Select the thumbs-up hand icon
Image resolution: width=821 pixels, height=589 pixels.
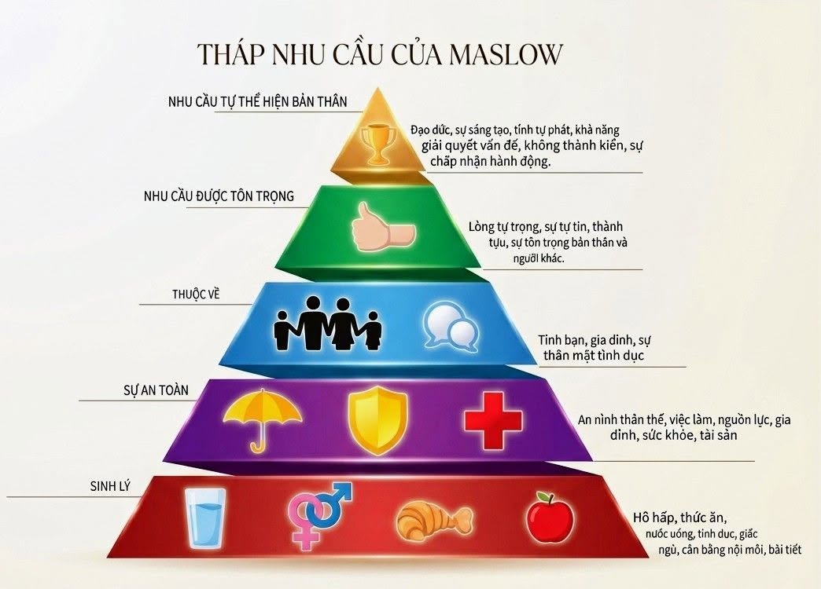pyautogui.click(x=383, y=229)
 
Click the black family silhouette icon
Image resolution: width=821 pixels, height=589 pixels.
pyautogui.click(x=328, y=324)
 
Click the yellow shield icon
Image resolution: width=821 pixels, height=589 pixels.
pyautogui.click(x=377, y=421)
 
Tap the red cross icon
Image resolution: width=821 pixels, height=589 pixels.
pyautogui.click(x=493, y=421)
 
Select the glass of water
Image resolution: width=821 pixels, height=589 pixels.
pyautogui.click(x=206, y=518)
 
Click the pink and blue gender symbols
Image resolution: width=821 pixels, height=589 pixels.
pyautogui.click(x=319, y=514)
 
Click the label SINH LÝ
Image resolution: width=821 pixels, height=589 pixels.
pyautogui.click(x=110, y=486)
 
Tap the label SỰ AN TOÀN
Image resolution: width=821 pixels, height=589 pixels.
pyautogui.click(x=156, y=390)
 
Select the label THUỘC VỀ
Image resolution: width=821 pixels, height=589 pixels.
pyautogui.click(x=196, y=294)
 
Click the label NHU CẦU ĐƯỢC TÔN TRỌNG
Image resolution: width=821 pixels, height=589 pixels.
pyautogui.click(x=219, y=196)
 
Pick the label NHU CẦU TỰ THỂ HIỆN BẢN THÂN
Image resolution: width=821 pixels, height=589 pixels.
pyautogui.click(x=258, y=101)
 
